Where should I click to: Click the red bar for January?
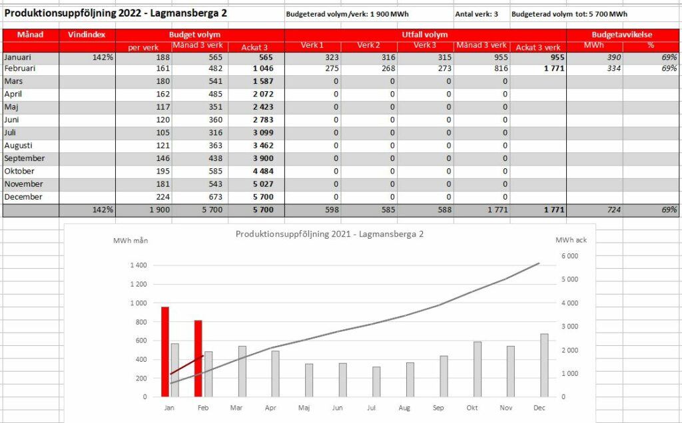click(x=165, y=352)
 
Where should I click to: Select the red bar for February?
click(x=198, y=358)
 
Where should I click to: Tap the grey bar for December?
click(x=544, y=365)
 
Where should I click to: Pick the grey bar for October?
click(x=478, y=370)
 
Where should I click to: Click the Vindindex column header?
click(x=87, y=35)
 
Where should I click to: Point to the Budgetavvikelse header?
click(x=622, y=35)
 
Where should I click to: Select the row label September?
click(x=25, y=158)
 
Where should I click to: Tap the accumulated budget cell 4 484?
click(x=263, y=171)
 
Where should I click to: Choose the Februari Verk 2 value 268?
click(x=388, y=69)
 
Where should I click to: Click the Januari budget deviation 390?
click(x=613, y=57)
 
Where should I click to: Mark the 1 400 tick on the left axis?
click(x=139, y=265)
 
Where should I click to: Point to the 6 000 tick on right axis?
click(x=570, y=256)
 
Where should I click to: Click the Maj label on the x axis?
click(x=304, y=408)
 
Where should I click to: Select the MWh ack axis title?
click(x=571, y=240)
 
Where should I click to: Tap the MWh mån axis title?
click(x=131, y=241)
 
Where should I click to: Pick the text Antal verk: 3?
click(x=476, y=15)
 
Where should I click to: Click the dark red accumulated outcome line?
click(x=187, y=365)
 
